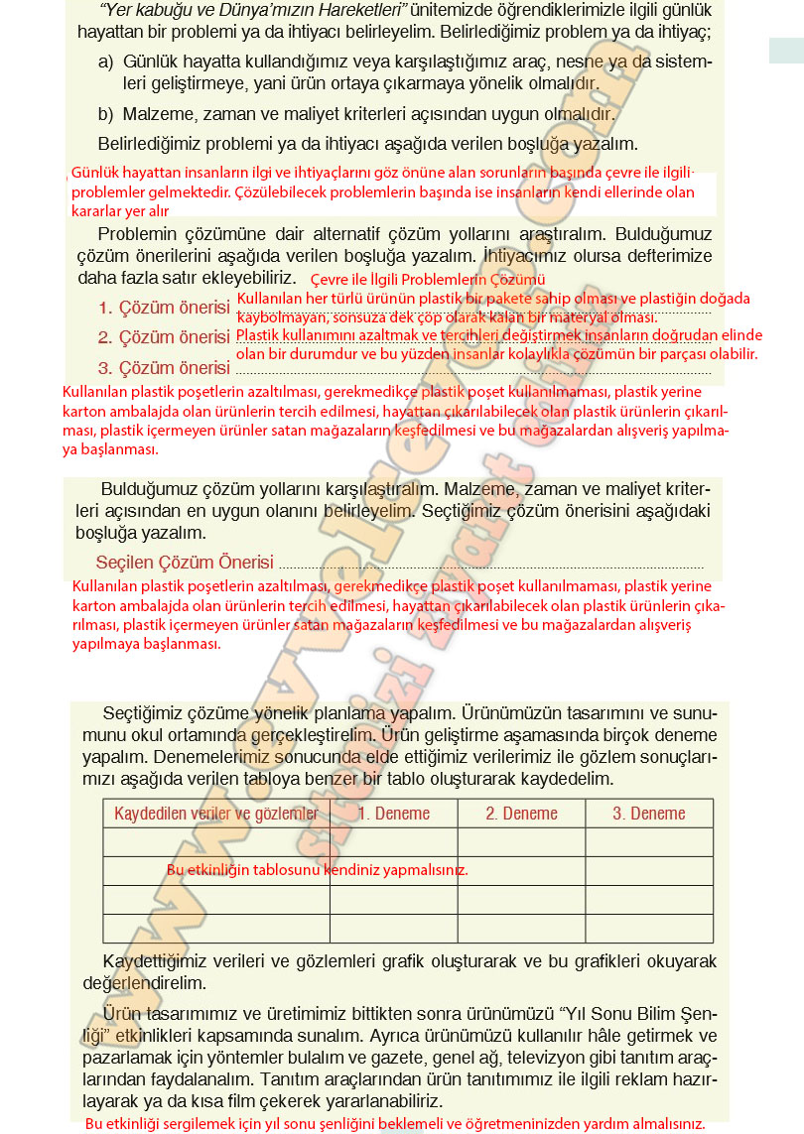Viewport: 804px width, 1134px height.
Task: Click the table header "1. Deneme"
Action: tap(394, 814)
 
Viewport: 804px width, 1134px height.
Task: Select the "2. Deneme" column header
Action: tap(521, 814)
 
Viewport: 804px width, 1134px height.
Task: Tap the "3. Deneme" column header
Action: tap(649, 814)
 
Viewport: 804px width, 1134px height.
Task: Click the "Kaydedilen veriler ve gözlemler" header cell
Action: tap(216, 814)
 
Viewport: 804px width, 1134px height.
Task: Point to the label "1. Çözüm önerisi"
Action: tap(165, 308)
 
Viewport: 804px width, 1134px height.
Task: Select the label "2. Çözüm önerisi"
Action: tap(165, 337)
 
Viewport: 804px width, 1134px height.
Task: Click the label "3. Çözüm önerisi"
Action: tap(165, 368)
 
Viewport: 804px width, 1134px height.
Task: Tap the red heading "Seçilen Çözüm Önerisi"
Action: tap(185, 563)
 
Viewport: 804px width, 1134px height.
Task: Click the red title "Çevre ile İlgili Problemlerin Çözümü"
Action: tap(428, 281)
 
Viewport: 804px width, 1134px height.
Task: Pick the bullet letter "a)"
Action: tap(106, 63)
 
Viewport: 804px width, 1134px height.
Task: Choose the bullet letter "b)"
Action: tap(106, 114)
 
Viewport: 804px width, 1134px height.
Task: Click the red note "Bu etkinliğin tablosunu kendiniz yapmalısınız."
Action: tap(318, 870)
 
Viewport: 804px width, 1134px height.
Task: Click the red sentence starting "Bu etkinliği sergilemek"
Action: tap(395, 1124)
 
